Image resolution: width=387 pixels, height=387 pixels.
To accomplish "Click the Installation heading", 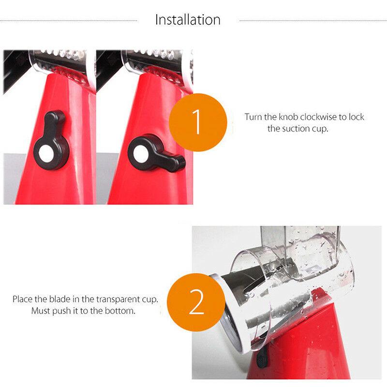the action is (x=188, y=20).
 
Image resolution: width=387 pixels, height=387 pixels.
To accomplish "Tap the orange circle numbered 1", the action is (x=198, y=122).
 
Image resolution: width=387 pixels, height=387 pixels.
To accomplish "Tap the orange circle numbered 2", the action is (x=196, y=302).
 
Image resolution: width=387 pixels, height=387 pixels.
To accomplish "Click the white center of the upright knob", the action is (x=46, y=153).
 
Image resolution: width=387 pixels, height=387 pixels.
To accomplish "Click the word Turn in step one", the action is (x=253, y=117).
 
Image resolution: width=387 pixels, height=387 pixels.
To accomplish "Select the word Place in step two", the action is (x=22, y=299).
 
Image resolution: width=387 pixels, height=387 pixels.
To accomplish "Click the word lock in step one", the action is (x=357, y=117).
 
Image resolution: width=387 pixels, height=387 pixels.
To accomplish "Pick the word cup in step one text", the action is (x=321, y=129).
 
